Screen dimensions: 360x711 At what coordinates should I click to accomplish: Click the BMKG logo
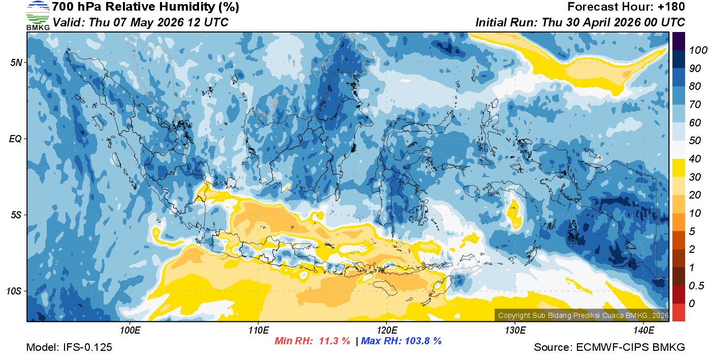click(38, 15)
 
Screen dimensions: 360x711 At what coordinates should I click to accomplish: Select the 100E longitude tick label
click(130, 330)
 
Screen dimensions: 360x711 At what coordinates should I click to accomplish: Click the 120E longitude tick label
click(386, 330)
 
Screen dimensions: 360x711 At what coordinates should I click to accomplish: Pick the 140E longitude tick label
click(643, 330)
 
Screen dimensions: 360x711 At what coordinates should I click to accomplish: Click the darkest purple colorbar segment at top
click(678, 41)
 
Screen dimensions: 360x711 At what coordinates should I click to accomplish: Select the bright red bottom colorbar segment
click(678, 312)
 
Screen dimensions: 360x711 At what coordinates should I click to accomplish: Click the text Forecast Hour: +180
click(626, 7)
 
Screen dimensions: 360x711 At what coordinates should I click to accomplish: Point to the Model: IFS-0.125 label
click(69, 347)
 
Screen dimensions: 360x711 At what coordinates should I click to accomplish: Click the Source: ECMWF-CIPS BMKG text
click(609, 347)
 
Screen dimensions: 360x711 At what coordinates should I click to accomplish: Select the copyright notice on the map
click(583, 315)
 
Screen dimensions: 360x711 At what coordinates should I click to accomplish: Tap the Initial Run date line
click(580, 23)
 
